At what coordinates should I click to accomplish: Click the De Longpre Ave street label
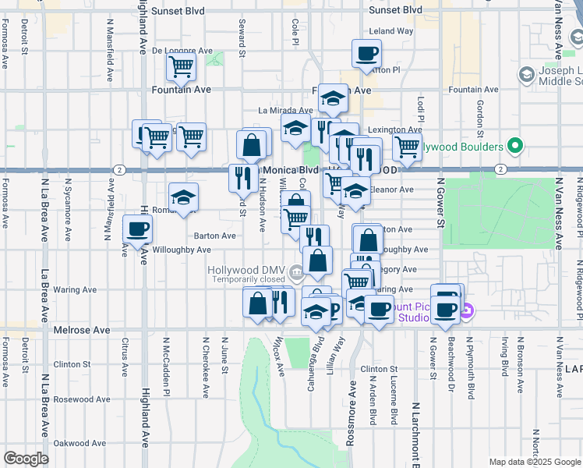(182, 51)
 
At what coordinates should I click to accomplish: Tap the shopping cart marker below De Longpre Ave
(181, 69)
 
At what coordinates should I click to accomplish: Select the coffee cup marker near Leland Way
(366, 54)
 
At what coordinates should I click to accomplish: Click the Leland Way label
(391, 31)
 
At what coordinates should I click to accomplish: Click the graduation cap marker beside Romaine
(184, 197)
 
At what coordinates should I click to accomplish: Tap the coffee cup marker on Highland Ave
(138, 229)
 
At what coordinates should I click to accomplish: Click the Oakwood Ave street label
(80, 443)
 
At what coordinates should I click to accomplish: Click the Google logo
(26, 458)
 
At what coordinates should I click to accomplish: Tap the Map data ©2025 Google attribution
(535, 462)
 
